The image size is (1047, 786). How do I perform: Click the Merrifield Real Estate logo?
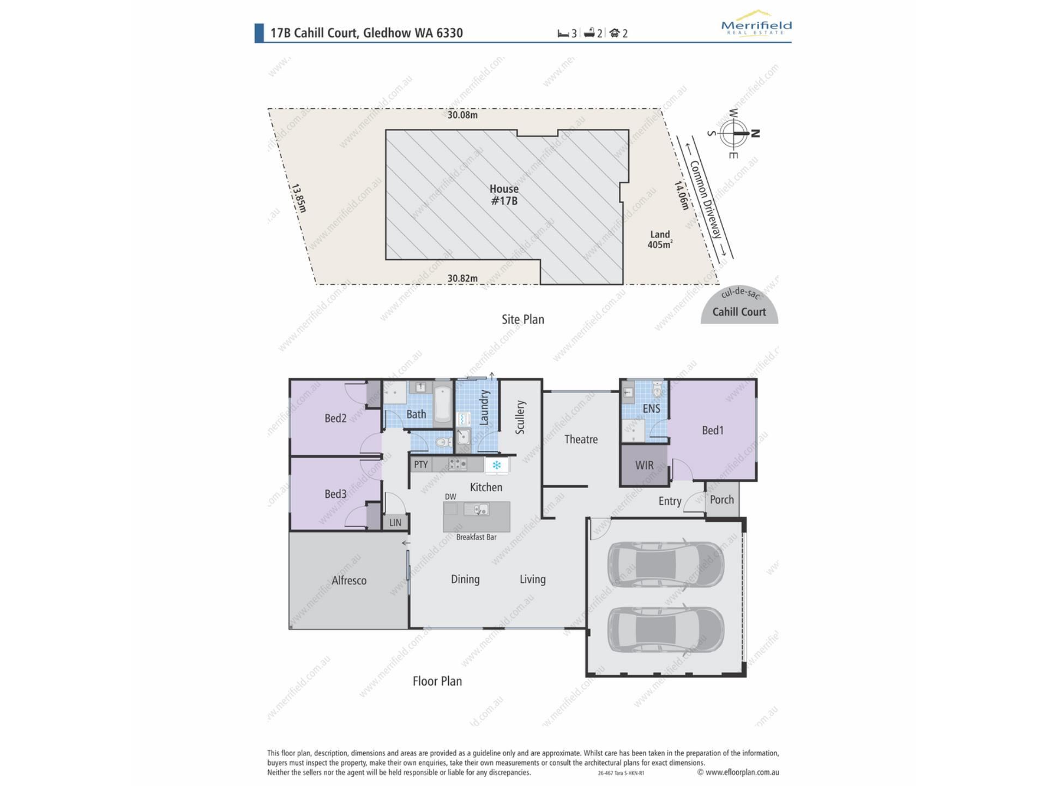756,22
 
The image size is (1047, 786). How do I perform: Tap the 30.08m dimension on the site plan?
462,115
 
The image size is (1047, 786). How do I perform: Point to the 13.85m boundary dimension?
298,198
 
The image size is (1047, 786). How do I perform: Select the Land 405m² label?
660,240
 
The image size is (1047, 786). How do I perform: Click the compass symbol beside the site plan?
733,133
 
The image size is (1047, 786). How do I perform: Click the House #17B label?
504,195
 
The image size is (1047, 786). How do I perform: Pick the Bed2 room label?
335,418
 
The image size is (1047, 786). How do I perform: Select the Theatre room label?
581,439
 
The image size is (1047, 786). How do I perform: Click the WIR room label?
644,466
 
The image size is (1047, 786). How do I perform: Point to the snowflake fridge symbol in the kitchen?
497,466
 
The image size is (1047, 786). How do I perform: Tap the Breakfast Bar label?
476,537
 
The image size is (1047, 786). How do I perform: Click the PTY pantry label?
420,465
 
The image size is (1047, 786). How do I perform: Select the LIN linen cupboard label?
395,522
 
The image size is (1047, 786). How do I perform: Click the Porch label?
721,499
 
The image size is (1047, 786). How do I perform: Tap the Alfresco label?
349,580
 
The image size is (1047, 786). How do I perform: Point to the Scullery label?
520,417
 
